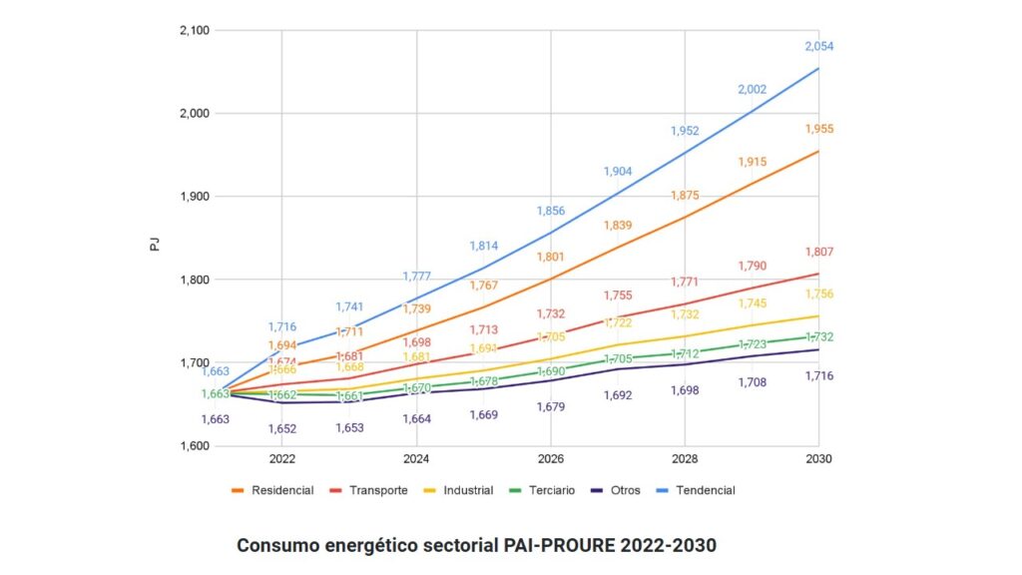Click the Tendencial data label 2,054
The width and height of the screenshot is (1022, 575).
[x=818, y=47]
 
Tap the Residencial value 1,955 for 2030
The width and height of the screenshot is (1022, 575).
[x=818, y=129]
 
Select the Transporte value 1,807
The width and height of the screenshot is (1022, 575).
[x=818, y=253]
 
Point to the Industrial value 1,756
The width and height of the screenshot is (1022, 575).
[x=818, y=293]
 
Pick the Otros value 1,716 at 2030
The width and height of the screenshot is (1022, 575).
[x=818, y=375]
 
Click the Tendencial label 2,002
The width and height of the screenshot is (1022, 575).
[x=752, y=90]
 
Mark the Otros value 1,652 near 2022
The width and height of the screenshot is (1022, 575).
[x=282, y=428]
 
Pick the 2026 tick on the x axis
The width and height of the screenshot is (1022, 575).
[x=551, y=459]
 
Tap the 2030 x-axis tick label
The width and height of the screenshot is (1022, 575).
[x=818, y=459]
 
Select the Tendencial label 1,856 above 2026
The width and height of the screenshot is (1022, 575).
[x=551, y=211]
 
